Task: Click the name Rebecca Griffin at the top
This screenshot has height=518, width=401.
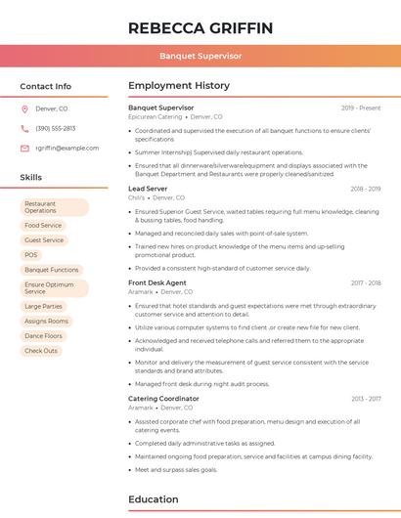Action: point(200,27)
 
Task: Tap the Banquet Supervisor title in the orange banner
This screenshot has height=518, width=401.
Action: point(200,56)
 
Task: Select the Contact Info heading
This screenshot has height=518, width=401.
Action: point(46,86)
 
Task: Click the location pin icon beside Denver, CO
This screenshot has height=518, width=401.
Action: point(24,108)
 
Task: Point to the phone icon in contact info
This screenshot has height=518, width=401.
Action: point(24,128)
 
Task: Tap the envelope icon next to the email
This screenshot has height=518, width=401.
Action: point(24,148)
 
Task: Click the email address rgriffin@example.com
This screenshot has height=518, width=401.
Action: point(67,148)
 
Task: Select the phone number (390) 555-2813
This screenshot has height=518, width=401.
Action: point(56,128)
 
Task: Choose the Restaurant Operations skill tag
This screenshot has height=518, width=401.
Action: point(53,206)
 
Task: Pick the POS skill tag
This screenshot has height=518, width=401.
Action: point(31,254)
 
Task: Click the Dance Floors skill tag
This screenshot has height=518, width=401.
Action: point(43,335)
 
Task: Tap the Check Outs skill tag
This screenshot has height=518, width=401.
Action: point(41,350)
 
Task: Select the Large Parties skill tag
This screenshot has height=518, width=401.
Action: point(43,306)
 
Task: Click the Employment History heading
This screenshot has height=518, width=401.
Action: point(179,86)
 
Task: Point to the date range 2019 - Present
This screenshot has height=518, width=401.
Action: point(361,108)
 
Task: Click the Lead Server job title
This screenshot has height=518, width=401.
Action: point(148,188)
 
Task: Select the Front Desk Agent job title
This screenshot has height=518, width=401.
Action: point(157,282)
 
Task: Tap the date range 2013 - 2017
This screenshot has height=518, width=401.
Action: point(366,399)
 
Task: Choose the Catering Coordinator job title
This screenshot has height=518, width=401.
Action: point(163,399)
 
